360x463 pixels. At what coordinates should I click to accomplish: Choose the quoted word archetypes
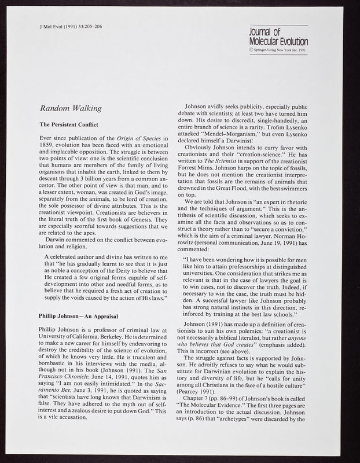(x=260, y=427)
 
